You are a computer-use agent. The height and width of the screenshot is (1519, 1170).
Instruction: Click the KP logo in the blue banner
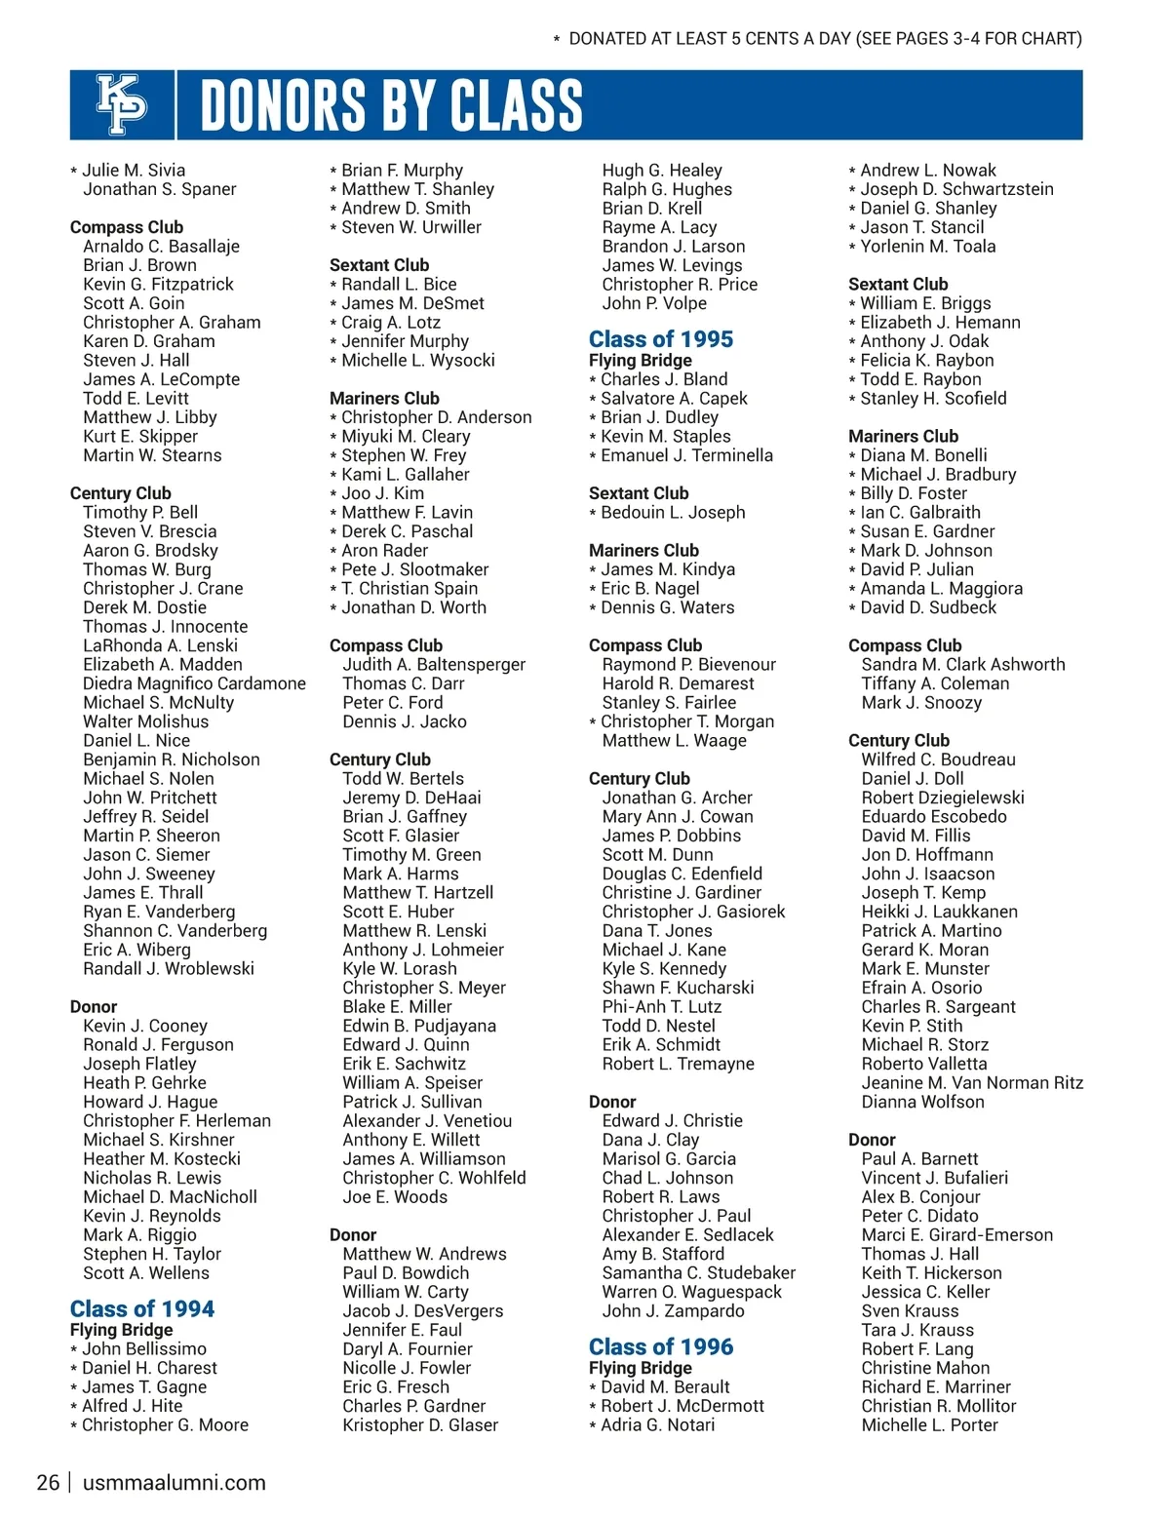[x=122, y=104]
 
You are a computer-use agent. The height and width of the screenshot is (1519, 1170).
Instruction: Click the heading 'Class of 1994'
[x=142, y=1308]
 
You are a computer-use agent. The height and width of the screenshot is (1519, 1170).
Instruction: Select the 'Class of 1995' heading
[x=661, y=339]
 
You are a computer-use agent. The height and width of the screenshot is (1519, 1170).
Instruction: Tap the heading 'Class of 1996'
[x=661, y=1346]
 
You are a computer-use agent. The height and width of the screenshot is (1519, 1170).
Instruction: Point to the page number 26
[x=48, y=1483]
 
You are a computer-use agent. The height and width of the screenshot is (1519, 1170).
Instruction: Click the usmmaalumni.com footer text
[x=175, y=1483]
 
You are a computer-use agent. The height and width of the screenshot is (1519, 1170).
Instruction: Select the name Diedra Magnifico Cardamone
[x=194, y=683]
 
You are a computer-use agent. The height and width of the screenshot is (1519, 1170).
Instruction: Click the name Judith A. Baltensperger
[x=434, y=665]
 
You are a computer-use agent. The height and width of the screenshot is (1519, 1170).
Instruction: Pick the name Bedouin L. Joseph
[x=673, y=513]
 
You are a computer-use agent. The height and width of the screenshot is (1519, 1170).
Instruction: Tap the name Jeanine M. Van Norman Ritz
[x=972, y=1083]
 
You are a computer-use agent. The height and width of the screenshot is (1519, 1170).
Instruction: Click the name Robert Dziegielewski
[x=943, y=798]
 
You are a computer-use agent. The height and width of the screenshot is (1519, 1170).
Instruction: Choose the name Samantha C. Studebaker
[x=699, y=1273]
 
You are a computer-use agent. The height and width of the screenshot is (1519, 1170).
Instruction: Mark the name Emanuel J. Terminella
[x=686, y=455]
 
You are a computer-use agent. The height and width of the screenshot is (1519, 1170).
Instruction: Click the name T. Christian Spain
[x=409, y=589]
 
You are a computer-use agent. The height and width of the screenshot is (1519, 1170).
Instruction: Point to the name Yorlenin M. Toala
[x=928, y=247]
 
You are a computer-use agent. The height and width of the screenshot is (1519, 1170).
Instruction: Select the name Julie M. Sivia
[x=134, y=171]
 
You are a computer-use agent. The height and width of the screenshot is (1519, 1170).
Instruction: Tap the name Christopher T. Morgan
[x=687, y=721]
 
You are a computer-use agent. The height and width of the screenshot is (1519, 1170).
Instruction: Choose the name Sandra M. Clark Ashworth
[x=963, y=665]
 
